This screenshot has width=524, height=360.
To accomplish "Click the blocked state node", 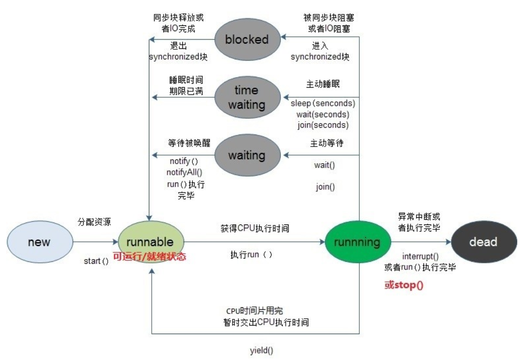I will (x=246, y=39).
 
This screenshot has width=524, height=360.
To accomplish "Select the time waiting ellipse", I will (x=246, y=97).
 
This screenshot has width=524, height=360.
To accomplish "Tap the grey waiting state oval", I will (x=246, y=155).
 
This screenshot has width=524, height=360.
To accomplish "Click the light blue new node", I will (x=39, y=242).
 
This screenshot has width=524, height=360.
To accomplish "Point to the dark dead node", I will (x=483, y=242).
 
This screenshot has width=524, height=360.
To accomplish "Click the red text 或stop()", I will (x=404, y=285).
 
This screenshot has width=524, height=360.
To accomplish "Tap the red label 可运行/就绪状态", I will (x=149, y=257).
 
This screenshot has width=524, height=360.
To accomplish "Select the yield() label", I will (x=261, y=350).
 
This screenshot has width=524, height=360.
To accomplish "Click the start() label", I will (x=96, y=261).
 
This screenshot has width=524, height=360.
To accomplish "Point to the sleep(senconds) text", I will (x=323, y=103).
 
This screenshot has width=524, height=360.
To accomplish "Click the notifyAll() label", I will (x=185, y=172).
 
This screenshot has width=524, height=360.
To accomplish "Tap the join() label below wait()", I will (x=325, y=187).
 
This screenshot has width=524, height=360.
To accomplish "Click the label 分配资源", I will (x=94, y=222).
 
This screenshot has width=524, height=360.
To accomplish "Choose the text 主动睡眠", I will (x=324, y=84).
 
